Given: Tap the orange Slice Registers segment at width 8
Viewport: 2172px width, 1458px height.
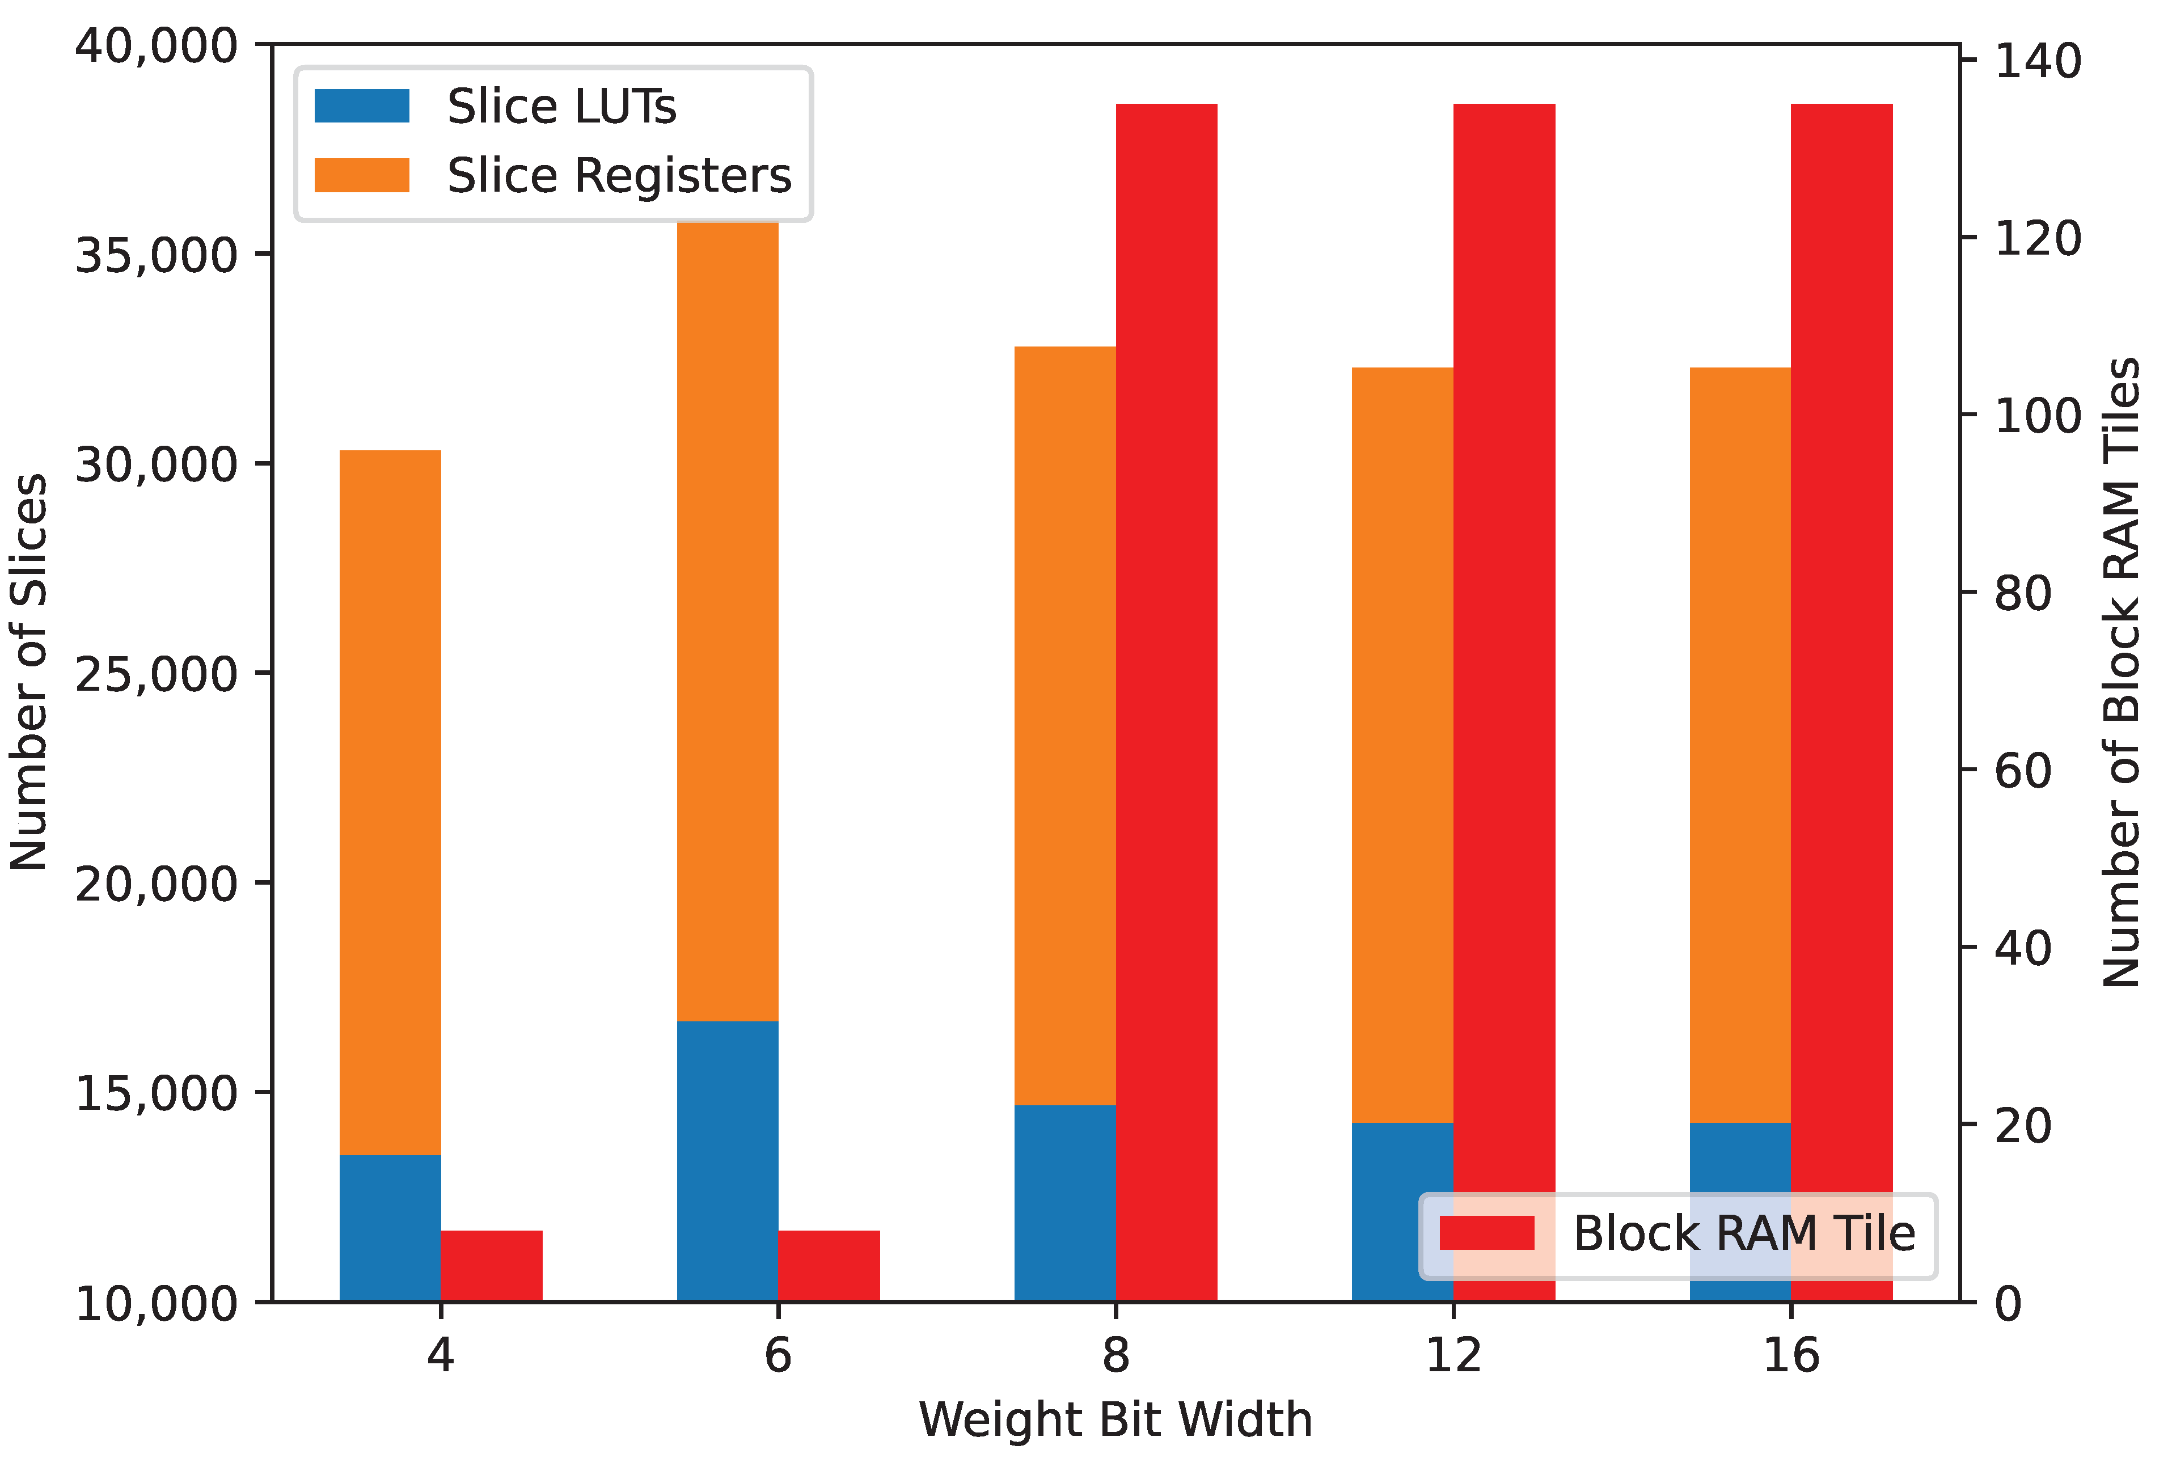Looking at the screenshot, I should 1064,725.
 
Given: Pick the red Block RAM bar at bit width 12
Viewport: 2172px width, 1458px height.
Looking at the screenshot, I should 1503,651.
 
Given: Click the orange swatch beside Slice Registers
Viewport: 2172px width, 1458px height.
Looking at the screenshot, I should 362,175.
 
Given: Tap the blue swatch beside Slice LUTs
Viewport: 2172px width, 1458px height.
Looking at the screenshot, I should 362,105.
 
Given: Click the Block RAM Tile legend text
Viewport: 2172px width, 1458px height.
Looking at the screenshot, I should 1743,1233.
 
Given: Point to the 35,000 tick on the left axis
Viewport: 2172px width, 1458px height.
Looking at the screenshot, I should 156,255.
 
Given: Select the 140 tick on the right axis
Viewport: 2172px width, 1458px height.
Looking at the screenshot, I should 2037,61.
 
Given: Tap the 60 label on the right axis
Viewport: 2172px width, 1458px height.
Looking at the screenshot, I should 2022,770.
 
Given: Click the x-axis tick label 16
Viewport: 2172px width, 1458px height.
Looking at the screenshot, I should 1791,1355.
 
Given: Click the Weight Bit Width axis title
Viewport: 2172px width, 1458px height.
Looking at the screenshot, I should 1115,1419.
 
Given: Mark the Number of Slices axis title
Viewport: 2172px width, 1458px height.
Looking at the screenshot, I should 29,671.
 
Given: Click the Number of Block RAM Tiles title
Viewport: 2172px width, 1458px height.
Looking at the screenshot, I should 2122,671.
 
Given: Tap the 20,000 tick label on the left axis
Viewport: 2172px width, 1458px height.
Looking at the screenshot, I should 156,884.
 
